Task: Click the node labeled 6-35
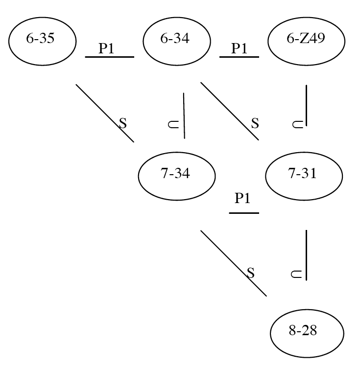click(x=43, y=41)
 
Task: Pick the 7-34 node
click(x=177, y=175)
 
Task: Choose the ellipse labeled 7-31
click(x=303, y=176)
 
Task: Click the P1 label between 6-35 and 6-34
click(x=109, y=48)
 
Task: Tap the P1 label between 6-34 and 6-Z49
click(x=239, y=48)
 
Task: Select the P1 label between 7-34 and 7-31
click(x=242, y=198)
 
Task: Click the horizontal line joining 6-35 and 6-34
click(x=109, y=57)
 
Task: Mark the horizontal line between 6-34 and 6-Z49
click(x=239, y=57)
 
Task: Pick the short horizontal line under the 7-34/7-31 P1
click(x=244, y=213)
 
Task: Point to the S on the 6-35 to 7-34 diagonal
click(x=123, y=123)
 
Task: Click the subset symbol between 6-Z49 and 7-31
click(x=297, y=124)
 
